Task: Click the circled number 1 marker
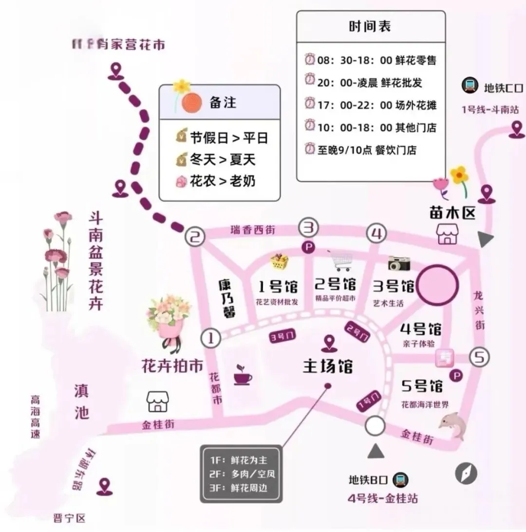click(211, 338)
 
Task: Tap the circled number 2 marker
click(195, 238)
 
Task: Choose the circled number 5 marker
click(479, 358)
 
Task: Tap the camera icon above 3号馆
click(399, 263)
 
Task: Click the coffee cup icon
click(243, 374)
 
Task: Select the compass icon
click(466, 473)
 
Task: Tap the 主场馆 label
click(328, 366)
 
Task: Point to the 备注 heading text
click(223, 103)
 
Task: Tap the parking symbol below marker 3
click(308, 247)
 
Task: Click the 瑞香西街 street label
click(252, 230)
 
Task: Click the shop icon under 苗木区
click(447, 234)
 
